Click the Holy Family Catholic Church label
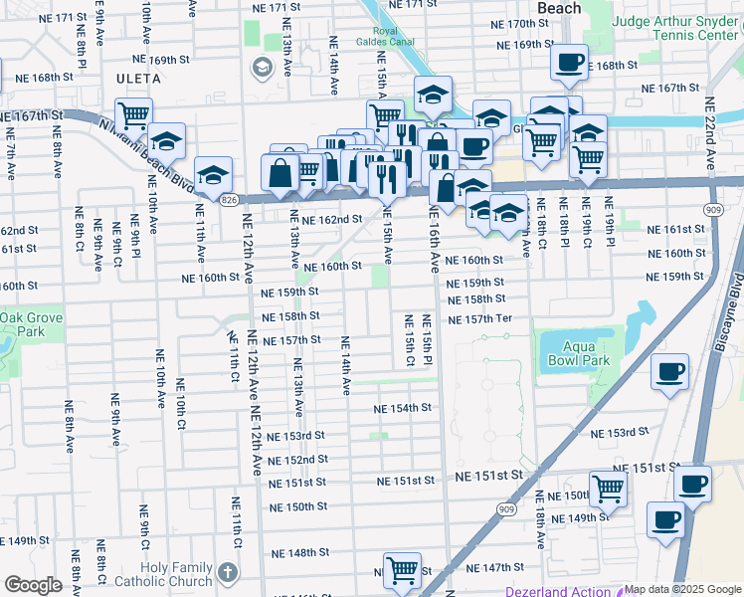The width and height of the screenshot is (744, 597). coord(176,574)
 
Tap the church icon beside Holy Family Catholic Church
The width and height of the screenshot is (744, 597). coord(229,573)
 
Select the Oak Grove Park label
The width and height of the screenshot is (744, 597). coord(22,323)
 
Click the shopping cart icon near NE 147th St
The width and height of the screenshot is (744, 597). coord(403,569)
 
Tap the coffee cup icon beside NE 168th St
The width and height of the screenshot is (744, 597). coord(569,62)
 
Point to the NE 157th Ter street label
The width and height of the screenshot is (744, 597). coord(479,319)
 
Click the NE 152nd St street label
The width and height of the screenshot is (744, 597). coord(298,460)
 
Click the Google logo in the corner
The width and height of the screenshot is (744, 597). coord(32,585)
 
